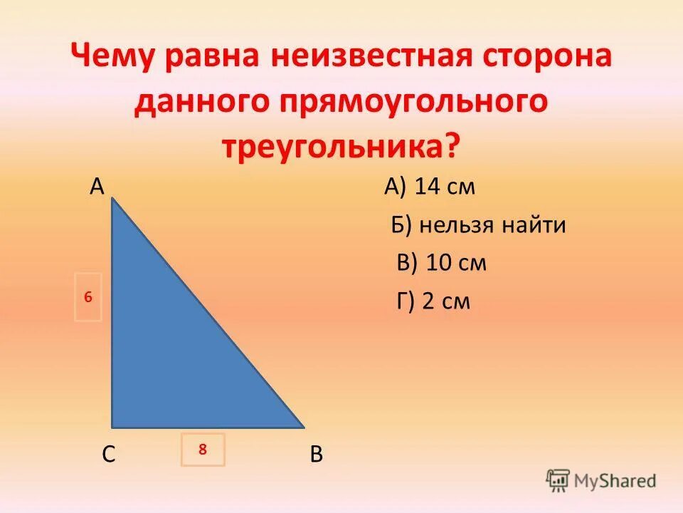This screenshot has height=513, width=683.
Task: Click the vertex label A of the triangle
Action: click(97, 187)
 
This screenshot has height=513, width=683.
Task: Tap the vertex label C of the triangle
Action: click(108, 454)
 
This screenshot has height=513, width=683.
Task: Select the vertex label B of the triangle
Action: click(317, 454)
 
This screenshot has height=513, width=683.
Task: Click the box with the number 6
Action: click(88, 297)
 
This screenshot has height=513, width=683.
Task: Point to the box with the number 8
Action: click(203, 450)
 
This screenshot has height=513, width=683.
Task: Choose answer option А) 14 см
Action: click(429, 187)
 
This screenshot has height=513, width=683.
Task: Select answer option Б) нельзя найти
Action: click(478, 226)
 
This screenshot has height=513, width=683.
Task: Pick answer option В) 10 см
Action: click(441, 263)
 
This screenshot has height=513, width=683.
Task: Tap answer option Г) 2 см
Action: click(433, 301)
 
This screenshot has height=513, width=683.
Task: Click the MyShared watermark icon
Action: click(558, 480)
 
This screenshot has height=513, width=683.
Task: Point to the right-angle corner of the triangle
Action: click(114, 427)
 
